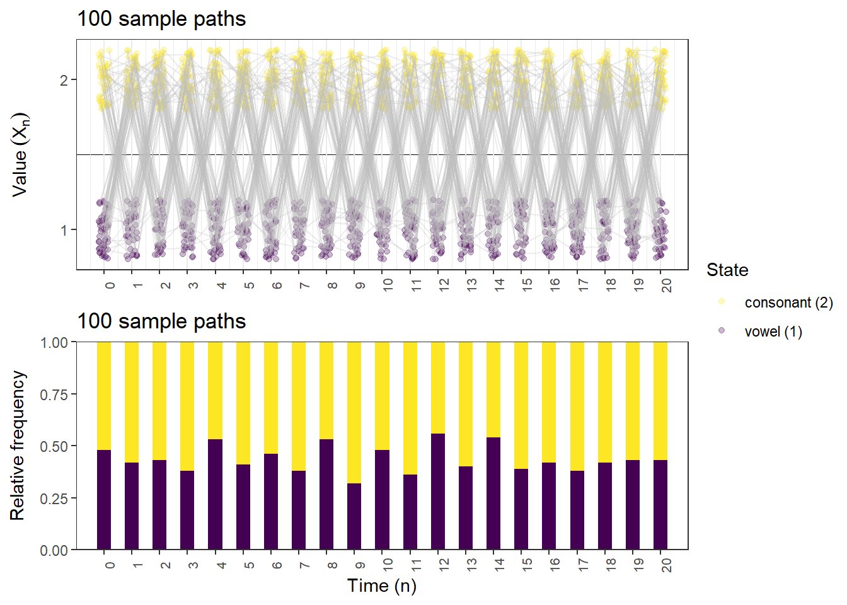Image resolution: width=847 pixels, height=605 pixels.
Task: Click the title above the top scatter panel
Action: pos(161,19)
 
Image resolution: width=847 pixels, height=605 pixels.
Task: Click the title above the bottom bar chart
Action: pos(161,321)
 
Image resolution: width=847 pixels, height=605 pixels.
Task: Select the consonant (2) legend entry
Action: pos(788,302)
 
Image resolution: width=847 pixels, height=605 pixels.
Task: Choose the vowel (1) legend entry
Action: pos(773,331)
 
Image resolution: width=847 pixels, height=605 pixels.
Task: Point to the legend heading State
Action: pos(727,270)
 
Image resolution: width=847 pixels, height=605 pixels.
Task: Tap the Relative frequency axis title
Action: pos(18,446)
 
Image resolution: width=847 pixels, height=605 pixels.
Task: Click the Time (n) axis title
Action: pos(382,586)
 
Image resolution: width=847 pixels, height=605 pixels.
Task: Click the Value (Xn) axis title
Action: pos(20,155)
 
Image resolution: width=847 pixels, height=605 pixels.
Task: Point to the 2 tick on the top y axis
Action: pos(64,80)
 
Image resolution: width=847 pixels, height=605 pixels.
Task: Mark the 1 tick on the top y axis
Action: pos(64,230)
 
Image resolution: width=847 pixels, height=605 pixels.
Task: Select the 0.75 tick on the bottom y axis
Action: pos(54,395)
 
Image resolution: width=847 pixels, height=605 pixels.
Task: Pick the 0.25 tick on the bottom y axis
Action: pos(54,498)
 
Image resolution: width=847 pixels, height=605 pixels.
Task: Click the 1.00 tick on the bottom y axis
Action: pos(54,343)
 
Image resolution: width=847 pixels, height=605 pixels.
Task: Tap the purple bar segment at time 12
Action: pos(438,492)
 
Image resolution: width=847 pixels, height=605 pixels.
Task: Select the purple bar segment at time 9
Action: pos(354,517)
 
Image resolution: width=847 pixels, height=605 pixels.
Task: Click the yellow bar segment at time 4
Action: pos(215,391)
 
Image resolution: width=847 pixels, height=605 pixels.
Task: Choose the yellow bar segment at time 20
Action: pos(660,401)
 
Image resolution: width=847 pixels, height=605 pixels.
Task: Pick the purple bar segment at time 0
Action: pos(104,500)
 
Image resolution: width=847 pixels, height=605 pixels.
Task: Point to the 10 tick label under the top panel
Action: pos(388,284)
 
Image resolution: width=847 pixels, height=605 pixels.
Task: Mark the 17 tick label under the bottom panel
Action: pos(583,564)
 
